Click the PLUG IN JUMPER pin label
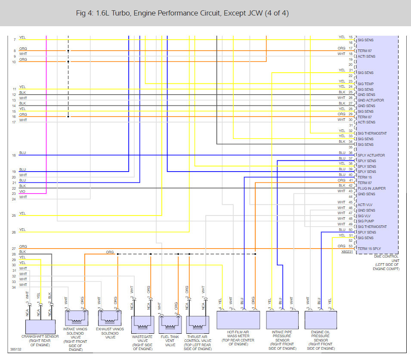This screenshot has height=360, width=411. pyautogui.click(x=371, y=188)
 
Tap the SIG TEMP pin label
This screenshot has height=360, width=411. pyautogui.click(x=366, y=84)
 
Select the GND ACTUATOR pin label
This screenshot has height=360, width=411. pyautogui.click(x=371, y=100)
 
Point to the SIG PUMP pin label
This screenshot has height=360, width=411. pyautogui.click(x=366, y=221)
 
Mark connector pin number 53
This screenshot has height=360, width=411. pyautogui.click(x=350, y=246)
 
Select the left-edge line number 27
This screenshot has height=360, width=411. pyautogui.click(x=14, y=249)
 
